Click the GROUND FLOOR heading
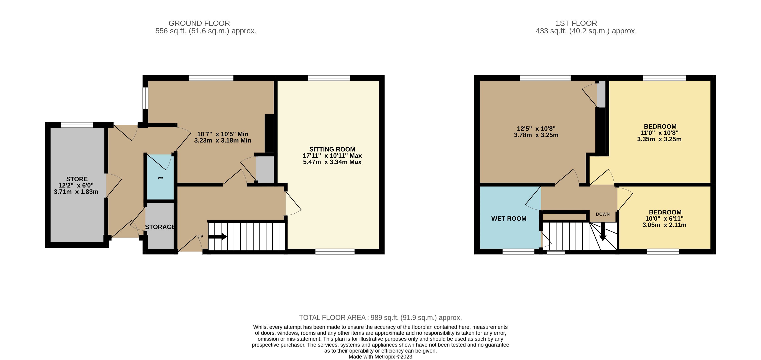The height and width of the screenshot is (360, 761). [199, 23]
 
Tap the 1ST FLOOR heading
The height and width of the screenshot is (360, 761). [576, 23]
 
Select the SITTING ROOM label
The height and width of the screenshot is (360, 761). [332, 149]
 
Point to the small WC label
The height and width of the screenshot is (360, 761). [160, 178]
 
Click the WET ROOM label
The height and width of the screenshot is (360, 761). [509, 219]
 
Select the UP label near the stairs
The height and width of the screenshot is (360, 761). [200, 237]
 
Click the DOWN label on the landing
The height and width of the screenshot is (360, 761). [603, 214]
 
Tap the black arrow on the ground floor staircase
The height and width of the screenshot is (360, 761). [218, 237]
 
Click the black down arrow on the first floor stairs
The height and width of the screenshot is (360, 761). [603, 231]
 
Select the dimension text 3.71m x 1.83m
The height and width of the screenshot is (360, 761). [76, 192]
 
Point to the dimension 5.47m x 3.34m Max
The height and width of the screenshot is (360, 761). [332, 162]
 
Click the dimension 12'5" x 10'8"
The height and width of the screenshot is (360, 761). [536, 129]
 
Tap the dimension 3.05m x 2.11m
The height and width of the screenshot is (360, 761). [664, 225]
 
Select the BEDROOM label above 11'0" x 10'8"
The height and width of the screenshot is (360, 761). [660, 126]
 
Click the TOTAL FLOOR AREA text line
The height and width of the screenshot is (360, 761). [380, 317]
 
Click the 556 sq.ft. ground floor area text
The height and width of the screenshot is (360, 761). [206, 31]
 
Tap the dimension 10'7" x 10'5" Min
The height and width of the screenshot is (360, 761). [223, 134]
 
